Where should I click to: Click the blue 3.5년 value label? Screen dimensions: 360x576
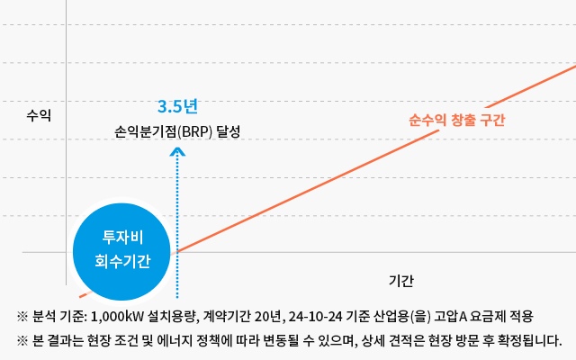[x=176, y=106]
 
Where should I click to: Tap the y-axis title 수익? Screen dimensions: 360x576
[x=39, y=115]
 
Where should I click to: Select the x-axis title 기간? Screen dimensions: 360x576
[x=401, y=280]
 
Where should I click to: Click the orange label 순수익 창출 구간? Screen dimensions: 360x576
[x=456, y=120]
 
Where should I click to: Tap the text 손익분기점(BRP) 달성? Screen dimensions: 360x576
[x=178, y=131]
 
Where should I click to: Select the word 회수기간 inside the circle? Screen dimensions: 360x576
[x=122, y=261]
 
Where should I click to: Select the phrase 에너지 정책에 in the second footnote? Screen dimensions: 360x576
[x=238, y=341]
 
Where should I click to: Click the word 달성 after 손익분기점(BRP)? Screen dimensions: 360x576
[x=229, y=131]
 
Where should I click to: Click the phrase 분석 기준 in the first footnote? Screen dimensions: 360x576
[x=58, y=317]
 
